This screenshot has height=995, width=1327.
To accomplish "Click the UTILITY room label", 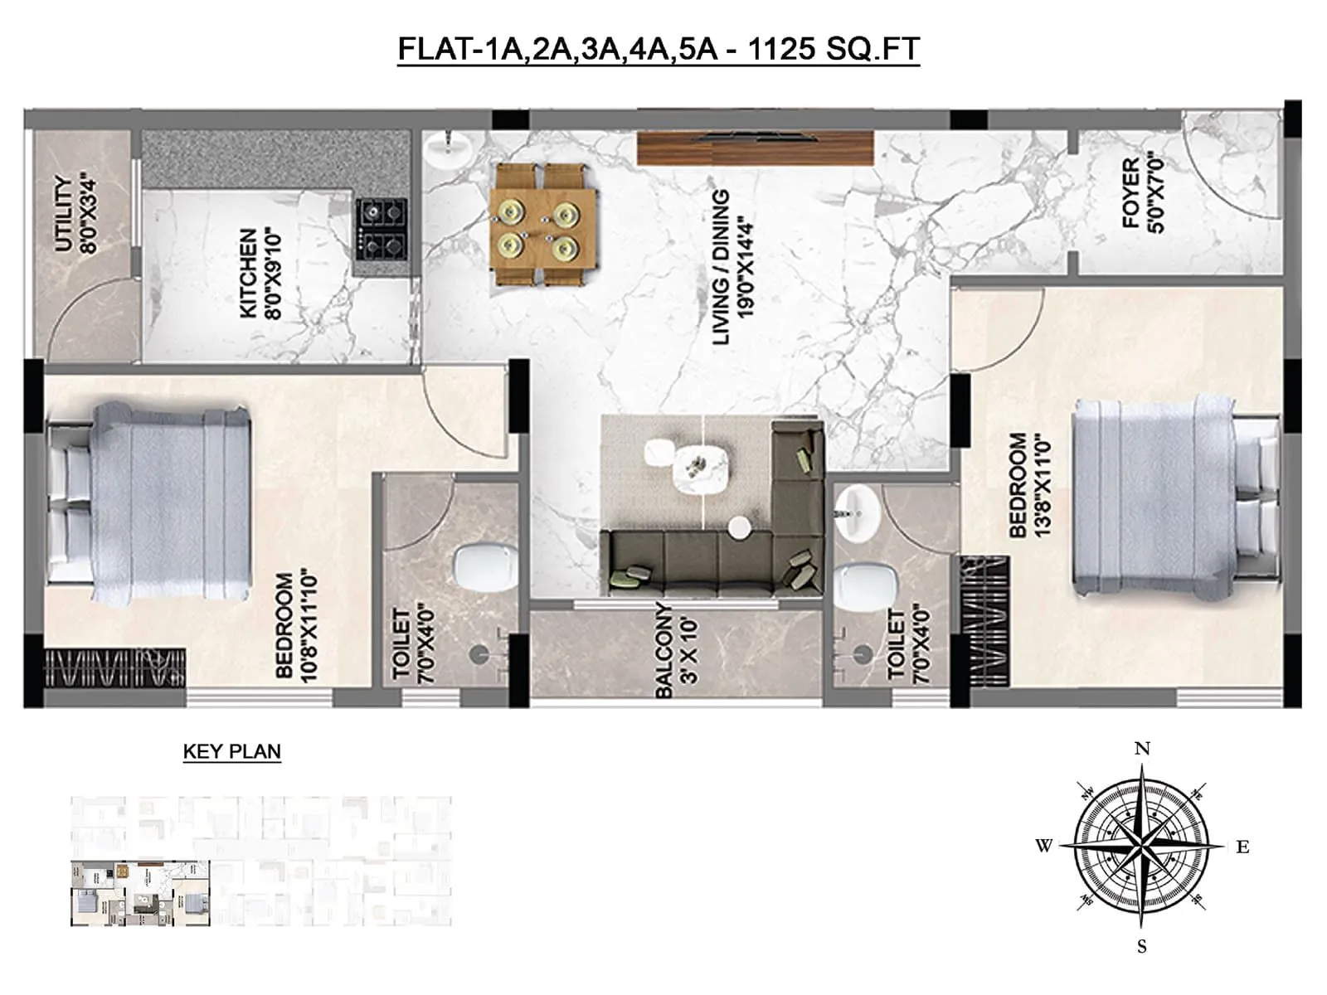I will (75, 213).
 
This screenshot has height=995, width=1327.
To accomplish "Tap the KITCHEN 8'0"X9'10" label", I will (260, 274).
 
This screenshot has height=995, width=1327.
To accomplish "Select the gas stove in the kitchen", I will (382, 227).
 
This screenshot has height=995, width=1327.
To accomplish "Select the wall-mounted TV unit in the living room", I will (756, 147).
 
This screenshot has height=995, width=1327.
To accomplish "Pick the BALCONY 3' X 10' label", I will (676, 650).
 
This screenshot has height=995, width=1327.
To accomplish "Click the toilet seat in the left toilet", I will (484, 567).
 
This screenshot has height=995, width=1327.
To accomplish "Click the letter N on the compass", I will (1142, 749).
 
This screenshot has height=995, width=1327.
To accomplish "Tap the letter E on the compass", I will (1242, 847).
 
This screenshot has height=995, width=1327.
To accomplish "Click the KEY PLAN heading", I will (231, 751).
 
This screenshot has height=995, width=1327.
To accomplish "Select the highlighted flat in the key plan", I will (139, 894).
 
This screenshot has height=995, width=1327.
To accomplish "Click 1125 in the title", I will (781, 50).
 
